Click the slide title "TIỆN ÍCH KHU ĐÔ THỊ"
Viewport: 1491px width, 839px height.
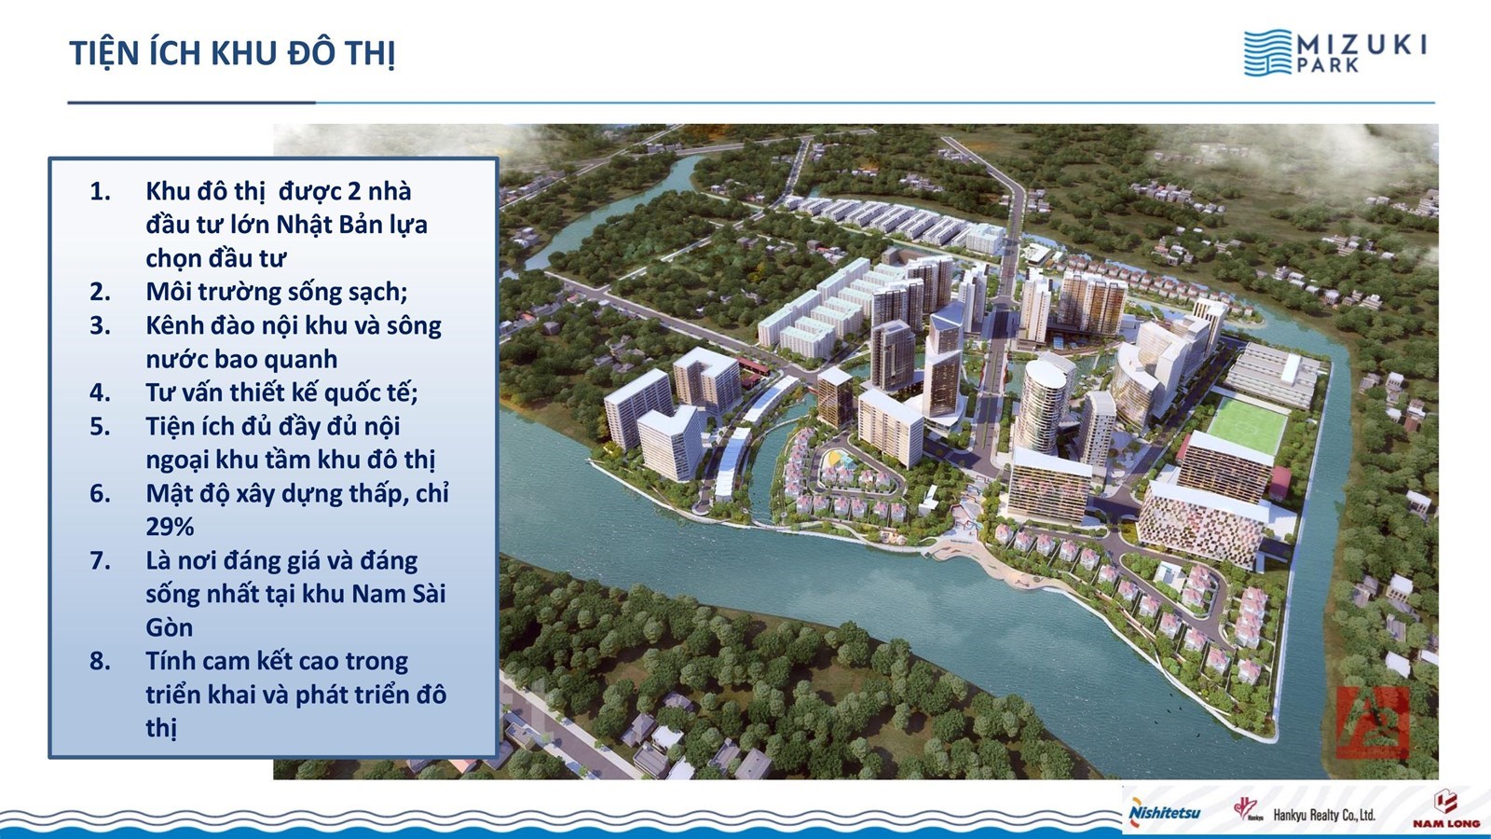click(232, 54)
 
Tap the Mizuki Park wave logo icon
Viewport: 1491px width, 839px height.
click(1267, 52)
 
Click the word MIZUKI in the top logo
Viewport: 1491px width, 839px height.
click(1361, 46)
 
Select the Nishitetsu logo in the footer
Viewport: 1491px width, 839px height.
click(1164, 812)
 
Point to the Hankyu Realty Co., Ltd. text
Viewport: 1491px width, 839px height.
click(1324, 815)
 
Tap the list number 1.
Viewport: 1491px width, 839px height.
click(100, 192)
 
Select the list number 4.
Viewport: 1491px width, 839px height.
click(100, 392)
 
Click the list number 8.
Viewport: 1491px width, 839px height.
click(100, 661)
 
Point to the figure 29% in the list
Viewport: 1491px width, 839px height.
click(170, 528)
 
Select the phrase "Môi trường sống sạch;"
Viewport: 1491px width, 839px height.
click(277, 293)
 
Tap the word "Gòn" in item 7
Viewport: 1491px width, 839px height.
click(169, 628)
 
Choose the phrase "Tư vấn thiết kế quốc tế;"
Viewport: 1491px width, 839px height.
click(281, 392)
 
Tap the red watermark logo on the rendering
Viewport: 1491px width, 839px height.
click(1374, 722)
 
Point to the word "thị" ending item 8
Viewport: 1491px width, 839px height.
click(161, 729)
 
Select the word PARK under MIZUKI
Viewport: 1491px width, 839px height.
click(1327, 66)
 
